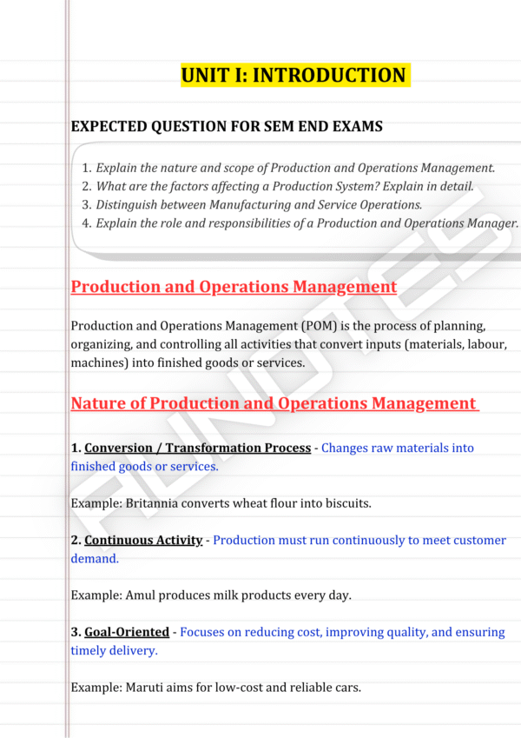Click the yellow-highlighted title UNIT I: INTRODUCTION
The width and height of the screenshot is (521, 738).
pos(293,76)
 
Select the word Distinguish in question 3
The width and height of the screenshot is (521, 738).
pos(129,205)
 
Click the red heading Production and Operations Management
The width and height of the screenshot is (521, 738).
pos(234,287)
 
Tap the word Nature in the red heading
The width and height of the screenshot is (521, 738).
pos(97,403)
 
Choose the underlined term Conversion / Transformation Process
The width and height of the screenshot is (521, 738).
pos(197,448)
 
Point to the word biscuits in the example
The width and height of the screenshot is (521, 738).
pos(349,503)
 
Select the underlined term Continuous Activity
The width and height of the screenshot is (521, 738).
pos(143,541)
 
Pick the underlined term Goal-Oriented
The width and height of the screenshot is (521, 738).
pos(127,633)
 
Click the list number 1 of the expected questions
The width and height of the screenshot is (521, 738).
pos(86,169)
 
